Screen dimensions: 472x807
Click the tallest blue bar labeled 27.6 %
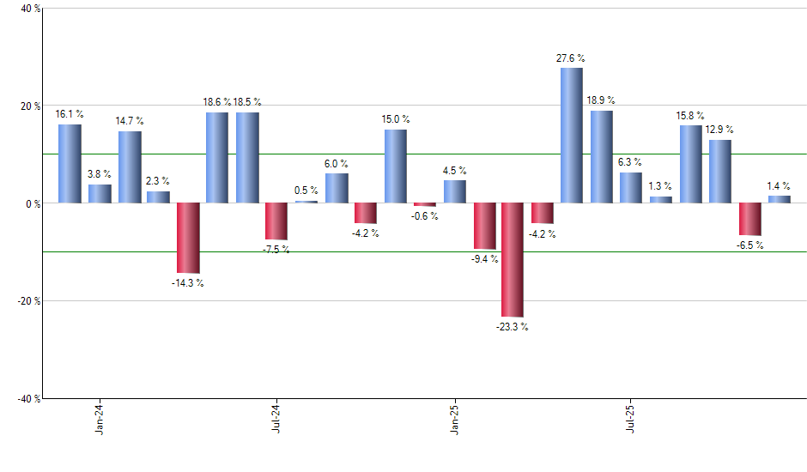pyautogui.click(x=571, y=136)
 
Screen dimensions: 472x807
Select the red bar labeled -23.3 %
pyautogui.click(x=513, y=260)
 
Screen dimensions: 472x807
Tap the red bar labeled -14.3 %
pyautogui.click(x=188, y=238)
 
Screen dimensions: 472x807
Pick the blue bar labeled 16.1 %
pyautogui.click(x=70, y=164)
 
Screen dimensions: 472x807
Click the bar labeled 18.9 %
pyautogui.click(x=601, y=157)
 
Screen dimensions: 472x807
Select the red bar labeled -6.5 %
pyautogui.click(x=749, y=219)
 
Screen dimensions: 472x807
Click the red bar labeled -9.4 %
pyautogui.click(x=483, y=226)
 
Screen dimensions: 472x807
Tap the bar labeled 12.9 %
pyautogui.click(x=720, y=172)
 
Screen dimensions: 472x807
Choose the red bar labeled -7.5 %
pyautogui.click(x=276, y=221)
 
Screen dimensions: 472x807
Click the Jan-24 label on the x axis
pyautogui.click(x=100, y=418)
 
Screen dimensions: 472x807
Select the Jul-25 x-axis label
pyautogui.click(x=631, y=418)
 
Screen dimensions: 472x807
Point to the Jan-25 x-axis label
pyautogui.click(x=454, y=418)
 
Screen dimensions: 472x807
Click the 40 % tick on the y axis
pyautogui.click(x=30, y=9)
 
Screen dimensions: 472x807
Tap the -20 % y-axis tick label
pyautogui.click(x=28, y=301)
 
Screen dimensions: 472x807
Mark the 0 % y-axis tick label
pyautogui.click(x=32, y=204)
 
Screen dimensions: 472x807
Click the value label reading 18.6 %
pyautogui.click(x=217, y=102)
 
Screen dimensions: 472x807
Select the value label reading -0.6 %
pyautogui.click(x=424, y=216)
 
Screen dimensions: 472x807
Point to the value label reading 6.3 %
pyautogui.click(x=631, y=162)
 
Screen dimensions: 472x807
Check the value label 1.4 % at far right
pyautogui.click(x=780, y=185)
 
